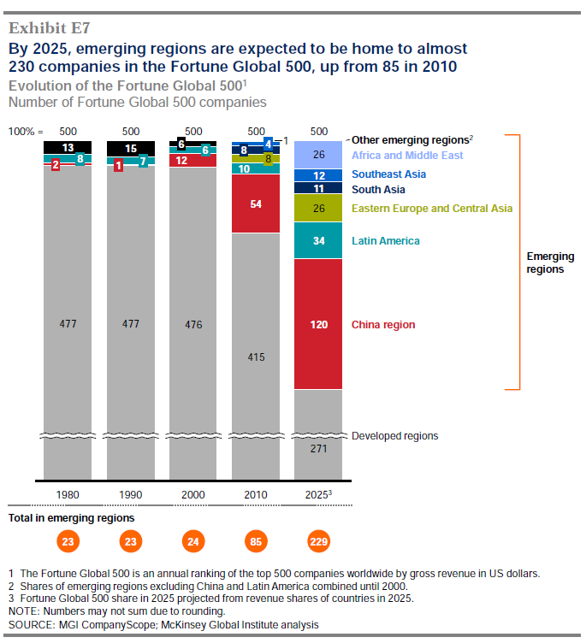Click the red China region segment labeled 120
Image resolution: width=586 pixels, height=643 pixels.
click(x=318, y=325)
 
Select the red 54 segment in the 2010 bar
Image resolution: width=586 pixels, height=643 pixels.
click(x=256, y=204)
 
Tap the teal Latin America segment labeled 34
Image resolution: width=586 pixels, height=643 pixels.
click(x=318, y=241)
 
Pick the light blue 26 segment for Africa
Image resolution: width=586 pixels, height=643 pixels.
click(x=318, y=155)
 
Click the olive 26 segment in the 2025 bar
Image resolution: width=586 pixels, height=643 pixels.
click(x=318, y=208)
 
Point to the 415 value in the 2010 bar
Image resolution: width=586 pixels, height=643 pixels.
click(x=256, y=357)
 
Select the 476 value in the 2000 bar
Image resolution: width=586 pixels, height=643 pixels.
click(x=193, y=325)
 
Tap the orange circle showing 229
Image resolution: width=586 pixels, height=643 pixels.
click(x=318, y=541)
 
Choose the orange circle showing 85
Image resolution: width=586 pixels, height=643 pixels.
click(x=256, y=541)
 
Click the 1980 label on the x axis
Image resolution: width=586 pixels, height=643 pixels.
click(x=68, y=495)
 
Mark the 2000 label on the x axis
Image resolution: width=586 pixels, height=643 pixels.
click(x=193, y=495)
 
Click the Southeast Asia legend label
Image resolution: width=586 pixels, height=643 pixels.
click(x=389, y=174)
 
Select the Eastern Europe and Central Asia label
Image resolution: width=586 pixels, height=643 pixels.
click(x=432, y=208)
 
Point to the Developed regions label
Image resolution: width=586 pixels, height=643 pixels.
click(x=394, y=436)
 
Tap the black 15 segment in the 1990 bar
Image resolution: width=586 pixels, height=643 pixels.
click(x=131, y=149)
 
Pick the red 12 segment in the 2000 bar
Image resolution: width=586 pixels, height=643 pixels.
click(x=181, y=160)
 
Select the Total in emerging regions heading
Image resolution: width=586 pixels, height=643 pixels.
click(x=71, y=518)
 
